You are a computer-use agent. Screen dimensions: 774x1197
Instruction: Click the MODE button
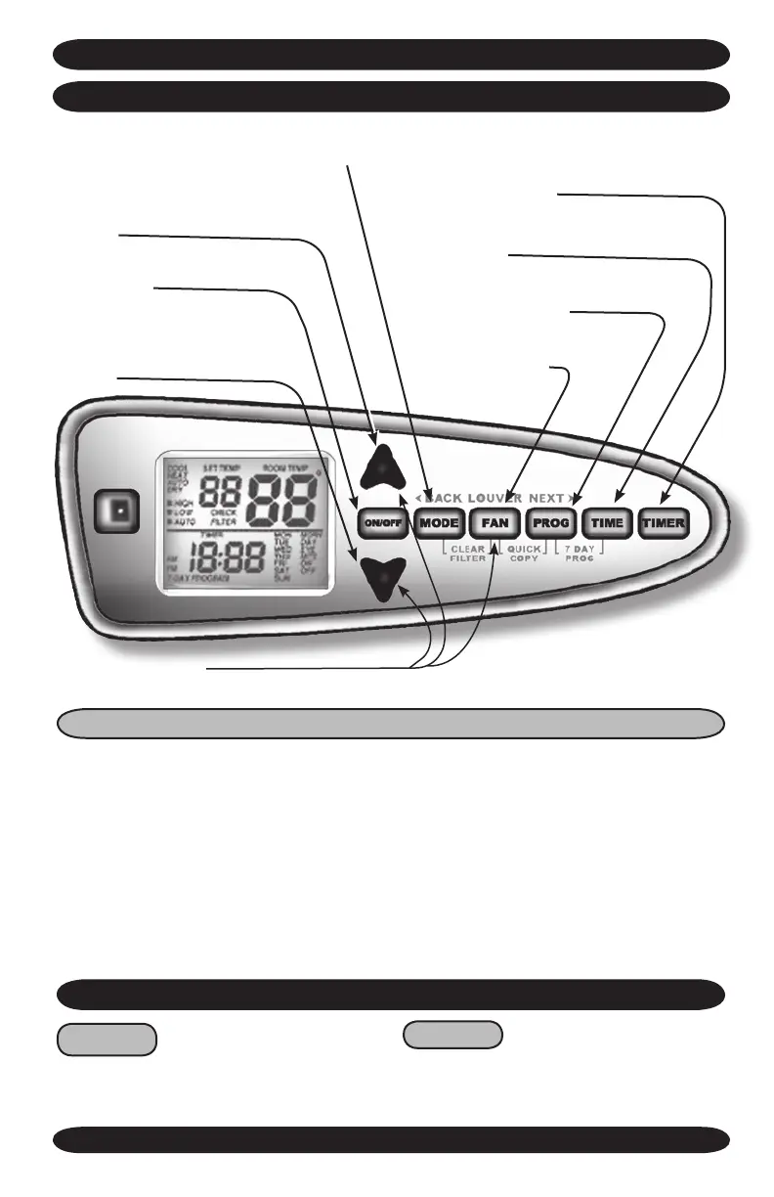tap(439, 523)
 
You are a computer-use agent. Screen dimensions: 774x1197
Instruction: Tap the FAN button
tap(494, 523)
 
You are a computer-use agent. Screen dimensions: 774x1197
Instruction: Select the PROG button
tap(551, 523)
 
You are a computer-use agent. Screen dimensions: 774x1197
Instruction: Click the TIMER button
tap(665, 523)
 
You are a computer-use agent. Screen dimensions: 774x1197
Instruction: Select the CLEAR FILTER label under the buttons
tap(468, 556)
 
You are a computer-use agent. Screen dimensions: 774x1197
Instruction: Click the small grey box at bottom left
tap(107, 1040)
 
